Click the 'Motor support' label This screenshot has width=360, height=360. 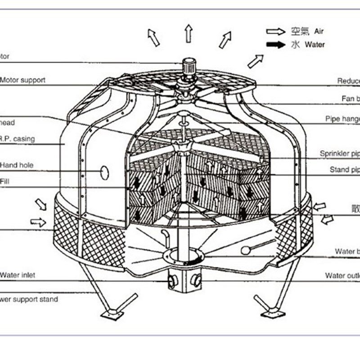click(22, 80)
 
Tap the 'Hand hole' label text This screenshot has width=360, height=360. click(17, 165)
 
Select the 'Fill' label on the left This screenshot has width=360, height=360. click(4, 181)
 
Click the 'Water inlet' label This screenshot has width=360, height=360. click(18, 274)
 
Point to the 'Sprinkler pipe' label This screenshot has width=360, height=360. click(340, 153)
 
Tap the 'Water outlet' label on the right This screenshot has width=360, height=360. click(342, 275)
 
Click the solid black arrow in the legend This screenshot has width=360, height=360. click(276, 45)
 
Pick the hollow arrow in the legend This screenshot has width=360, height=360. click(276, 31)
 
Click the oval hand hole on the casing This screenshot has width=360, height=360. click(104, 171)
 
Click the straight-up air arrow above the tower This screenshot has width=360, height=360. click(188, 34)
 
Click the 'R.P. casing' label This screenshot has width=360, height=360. click(18, 139)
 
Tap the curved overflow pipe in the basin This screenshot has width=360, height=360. click(165, 236)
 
